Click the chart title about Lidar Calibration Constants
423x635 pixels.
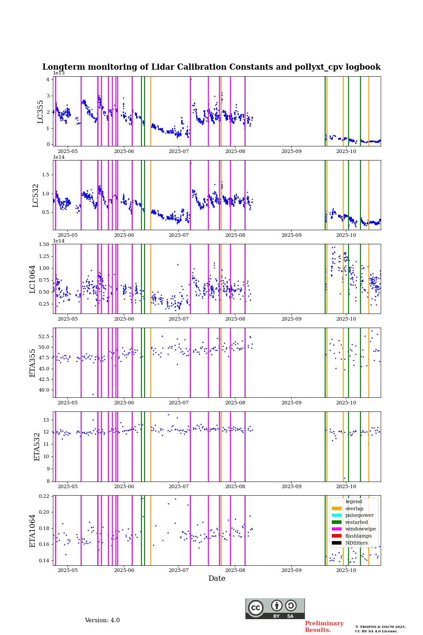coord(211,67)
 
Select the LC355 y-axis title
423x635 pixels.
coord(41,112)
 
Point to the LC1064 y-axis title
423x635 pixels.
coord(33,279)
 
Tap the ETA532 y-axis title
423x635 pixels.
coord(37,446)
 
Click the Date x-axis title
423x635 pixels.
coord(217,579)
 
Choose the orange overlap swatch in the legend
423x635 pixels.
coord(337,508)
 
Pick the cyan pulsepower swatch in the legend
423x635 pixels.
coord(337,515)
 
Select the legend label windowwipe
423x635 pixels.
coord(360,529)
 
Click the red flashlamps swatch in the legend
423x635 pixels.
coord(337,536)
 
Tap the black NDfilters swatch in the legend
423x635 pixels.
coord(337,543)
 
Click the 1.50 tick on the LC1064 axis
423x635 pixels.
coord(44,244)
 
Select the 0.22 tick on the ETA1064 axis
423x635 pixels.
coord(44,496)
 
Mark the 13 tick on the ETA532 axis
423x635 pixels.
coord(46,420)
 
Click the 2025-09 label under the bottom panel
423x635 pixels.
coord(291,571)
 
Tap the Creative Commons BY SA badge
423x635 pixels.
coord(275,609)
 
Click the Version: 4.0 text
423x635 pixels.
coord(102,620)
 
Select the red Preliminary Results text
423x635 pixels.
coord(324,627)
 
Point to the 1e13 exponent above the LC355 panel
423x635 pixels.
coord(59,73)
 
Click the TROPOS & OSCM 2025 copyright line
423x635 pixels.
coord(380,627)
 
